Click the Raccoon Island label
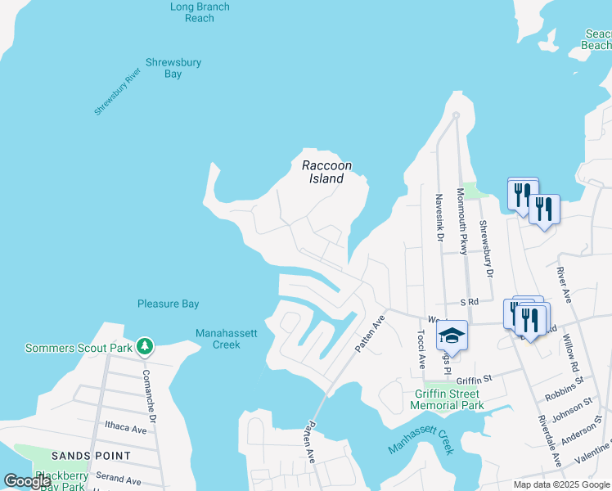326,172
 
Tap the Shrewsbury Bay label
173,68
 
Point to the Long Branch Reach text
200,12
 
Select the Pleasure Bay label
168,304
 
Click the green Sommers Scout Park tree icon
145,347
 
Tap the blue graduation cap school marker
451,336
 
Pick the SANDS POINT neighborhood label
91,455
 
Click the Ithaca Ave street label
124,427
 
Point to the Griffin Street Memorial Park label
444,399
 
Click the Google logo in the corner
27,481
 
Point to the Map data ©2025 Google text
561,484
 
